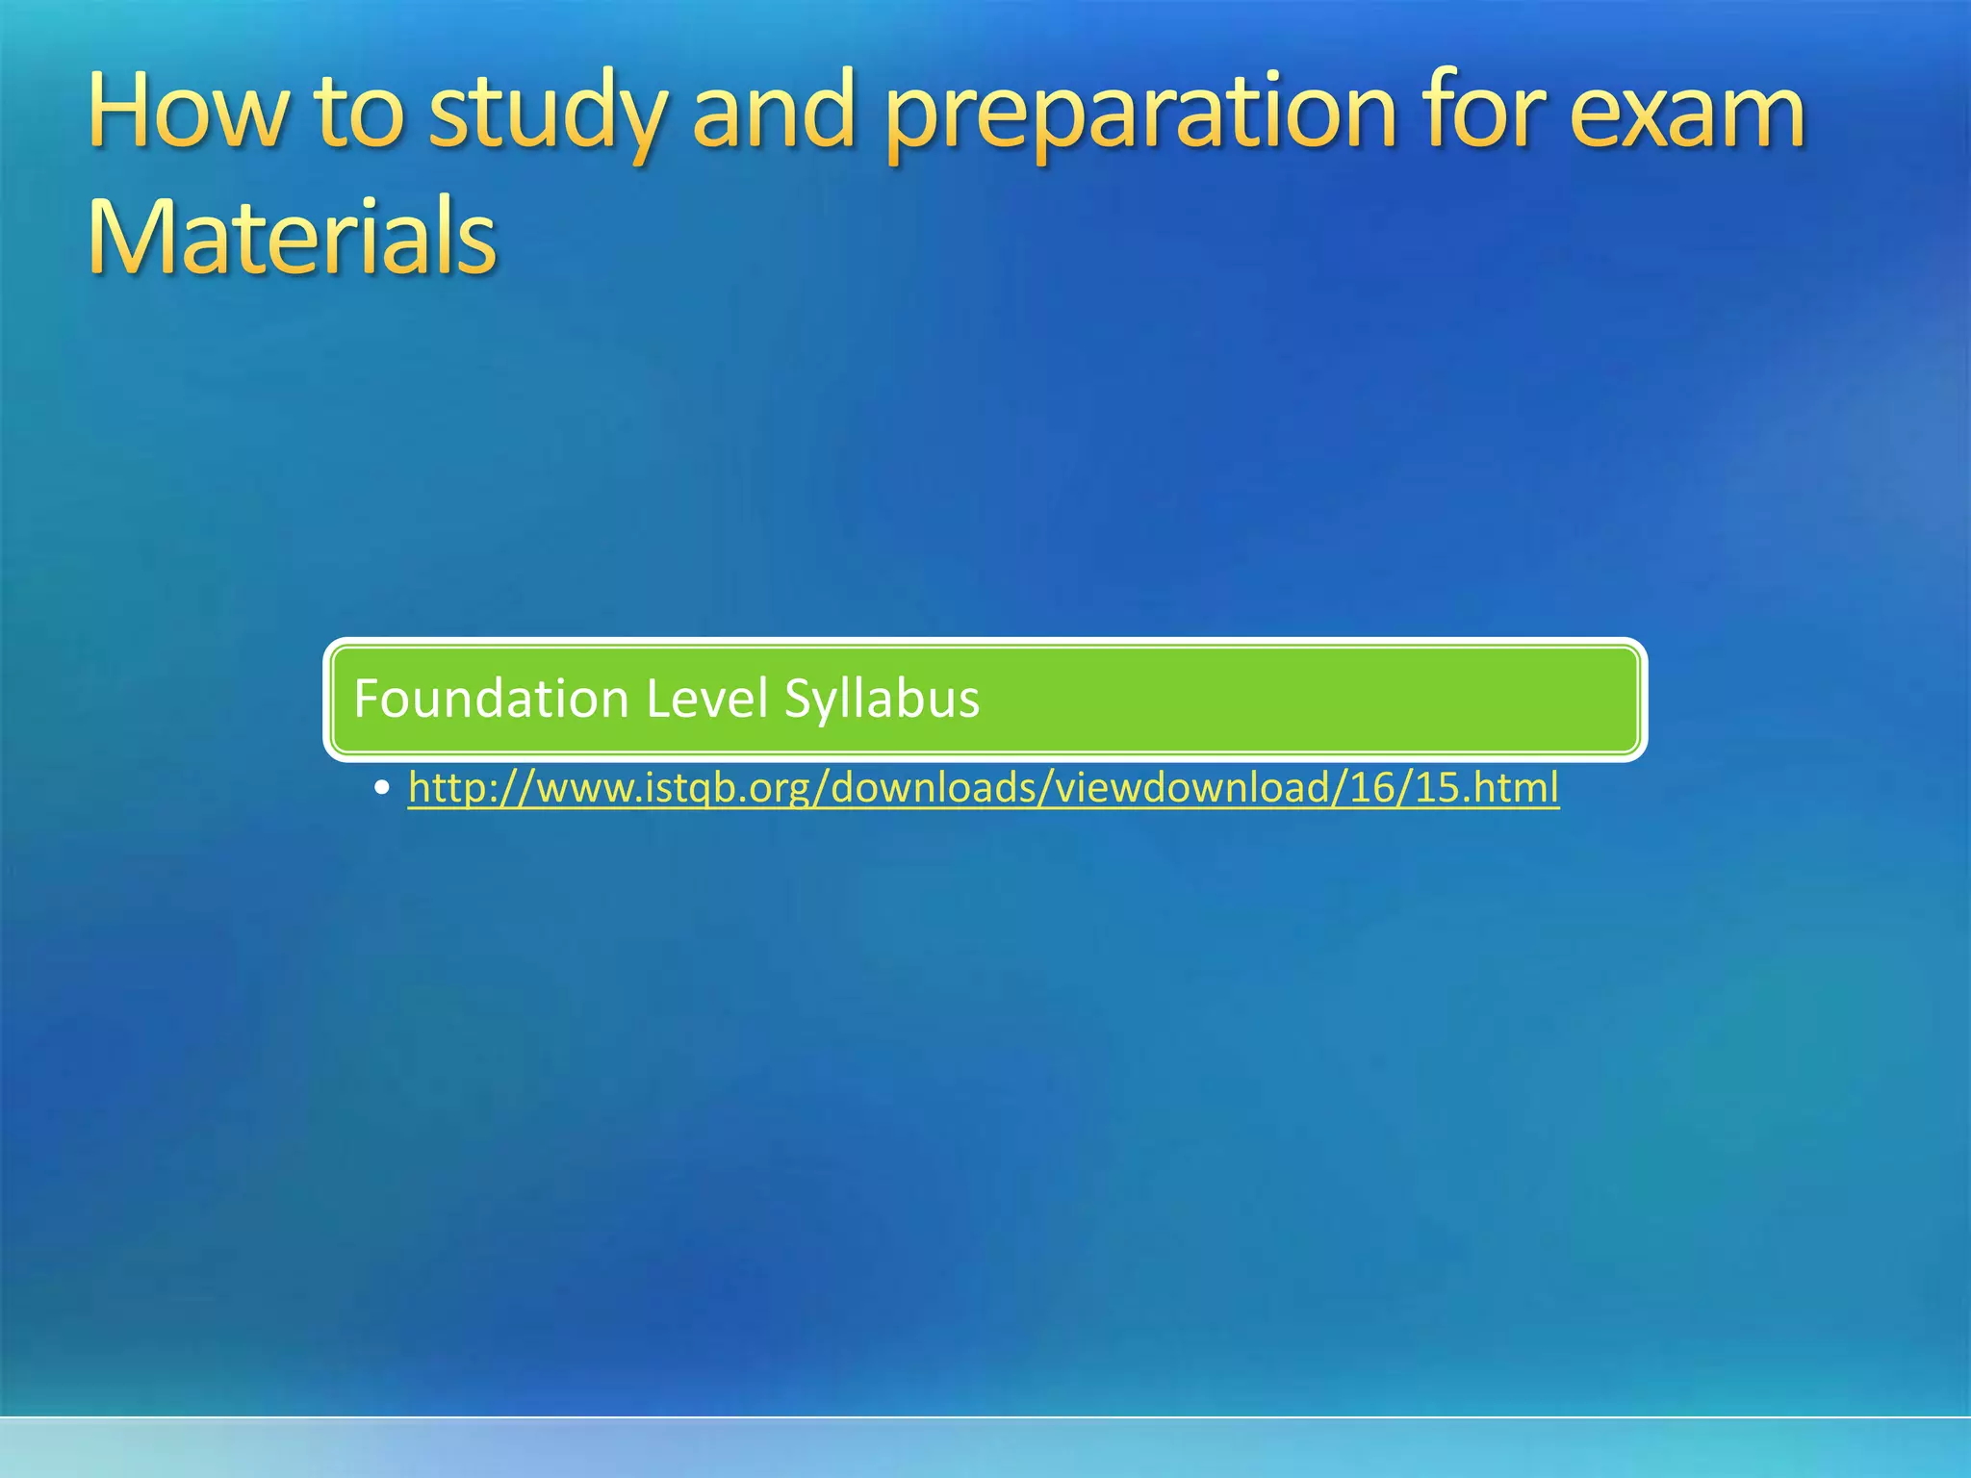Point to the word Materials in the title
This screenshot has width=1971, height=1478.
coord(292,236)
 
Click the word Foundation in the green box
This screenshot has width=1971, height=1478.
coord(491,698)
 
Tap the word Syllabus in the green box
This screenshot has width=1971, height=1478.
coord(882,700)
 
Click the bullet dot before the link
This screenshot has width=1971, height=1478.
coord(383,788)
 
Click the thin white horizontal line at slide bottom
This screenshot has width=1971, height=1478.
coord(985,1416)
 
